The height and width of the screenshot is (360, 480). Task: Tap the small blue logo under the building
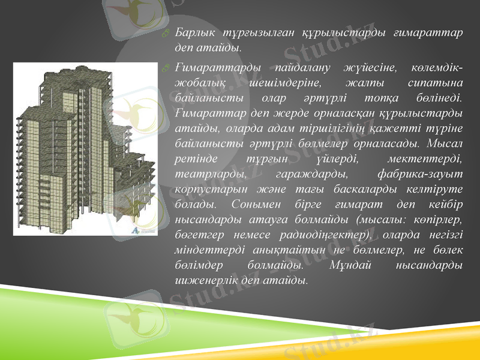pos(136,230)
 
